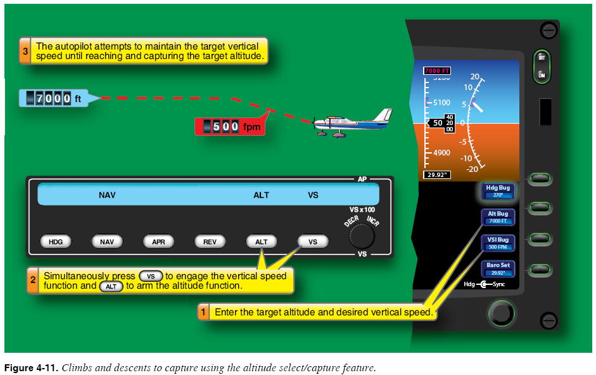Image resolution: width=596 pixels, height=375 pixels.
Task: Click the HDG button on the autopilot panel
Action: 56,242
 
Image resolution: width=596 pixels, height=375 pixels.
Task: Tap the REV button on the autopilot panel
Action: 210,242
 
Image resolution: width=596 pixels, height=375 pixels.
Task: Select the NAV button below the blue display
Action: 107,242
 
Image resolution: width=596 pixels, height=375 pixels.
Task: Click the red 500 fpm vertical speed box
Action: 228,126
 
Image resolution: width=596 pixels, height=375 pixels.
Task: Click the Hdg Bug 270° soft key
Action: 498,191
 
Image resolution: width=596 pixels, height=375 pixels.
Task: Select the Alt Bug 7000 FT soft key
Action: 498,217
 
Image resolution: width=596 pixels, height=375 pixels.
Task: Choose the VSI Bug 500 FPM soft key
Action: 498,243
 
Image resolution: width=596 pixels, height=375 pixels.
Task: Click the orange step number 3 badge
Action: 25,51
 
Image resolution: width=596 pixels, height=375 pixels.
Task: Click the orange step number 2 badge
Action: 32,280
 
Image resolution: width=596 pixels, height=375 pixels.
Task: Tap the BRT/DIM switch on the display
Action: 542,66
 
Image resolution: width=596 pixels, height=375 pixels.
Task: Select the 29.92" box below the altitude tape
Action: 436,174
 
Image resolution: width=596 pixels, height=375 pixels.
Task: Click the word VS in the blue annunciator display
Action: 313,195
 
